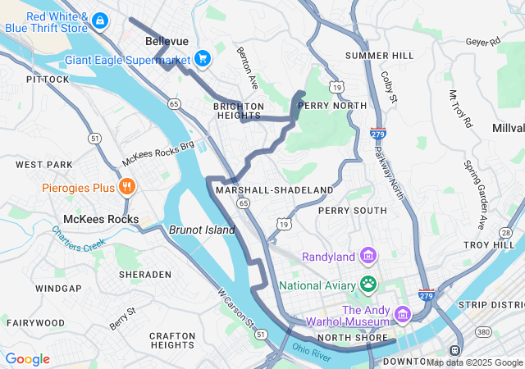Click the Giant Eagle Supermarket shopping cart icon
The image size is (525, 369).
click(x=203, y=59)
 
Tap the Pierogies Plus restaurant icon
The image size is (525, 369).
click(x=126, y=187)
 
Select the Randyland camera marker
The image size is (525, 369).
click(x=368, y=257)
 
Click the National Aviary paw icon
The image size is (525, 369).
click(x=368, y=285)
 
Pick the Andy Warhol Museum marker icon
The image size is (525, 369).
click(x=402, y=315)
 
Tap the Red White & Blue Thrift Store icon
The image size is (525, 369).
click(x=99, y=20)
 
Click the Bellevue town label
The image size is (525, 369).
click(x=167, y=40)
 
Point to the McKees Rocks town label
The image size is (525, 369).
click(x=101, y=219)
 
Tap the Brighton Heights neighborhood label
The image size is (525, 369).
click(x=239, y=111)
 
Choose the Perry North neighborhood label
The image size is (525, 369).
click(x=332, y=106)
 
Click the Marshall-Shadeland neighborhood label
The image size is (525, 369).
click(x=274, y=189)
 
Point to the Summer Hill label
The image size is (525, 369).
click(x=380, y=55)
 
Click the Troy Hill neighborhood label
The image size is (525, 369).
click(x=487, y=245)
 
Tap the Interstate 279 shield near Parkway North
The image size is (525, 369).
click(x=377, y=133)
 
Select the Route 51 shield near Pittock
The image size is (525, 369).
click(x=96, y=139)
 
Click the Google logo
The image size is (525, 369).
click(x=27, y=359)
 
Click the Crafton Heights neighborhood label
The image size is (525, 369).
click(x=172, y=340)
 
